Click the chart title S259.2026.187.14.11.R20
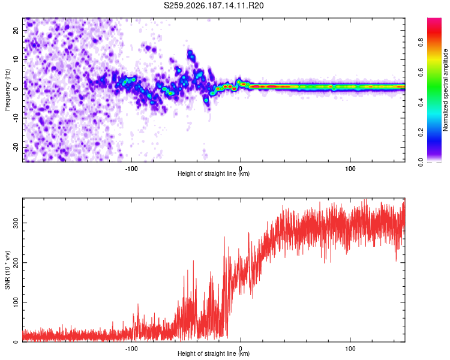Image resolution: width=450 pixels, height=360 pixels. pyautogui.click(x=214, y=5)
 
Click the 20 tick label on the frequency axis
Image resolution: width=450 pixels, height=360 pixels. pyautogui.click(x=16, y=30)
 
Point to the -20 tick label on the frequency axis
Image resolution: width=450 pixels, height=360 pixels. pyautogui.click(x=16, y=147)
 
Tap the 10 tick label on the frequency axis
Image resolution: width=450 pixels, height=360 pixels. pyautogui.click(x=16, y=59)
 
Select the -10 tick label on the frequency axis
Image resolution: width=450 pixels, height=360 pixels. pyautogui.click(x=16, y=118)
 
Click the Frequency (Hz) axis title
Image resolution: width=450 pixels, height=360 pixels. pyautogui.click(x=7, y=90)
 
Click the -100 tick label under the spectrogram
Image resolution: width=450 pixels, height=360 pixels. pyautogui.click(x=131, y=169)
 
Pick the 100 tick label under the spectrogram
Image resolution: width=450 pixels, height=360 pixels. pyautogui.click(x=350, y=169)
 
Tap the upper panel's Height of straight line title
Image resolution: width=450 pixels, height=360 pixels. pyautogui.click(x=214, y=173)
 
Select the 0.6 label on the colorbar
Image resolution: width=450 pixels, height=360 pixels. pyautogui.click(x=421, y=72)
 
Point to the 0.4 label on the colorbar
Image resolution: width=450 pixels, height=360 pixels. pyautogui.click(x=421, y=102)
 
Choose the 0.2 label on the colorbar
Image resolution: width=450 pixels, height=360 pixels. pyautogui.click(x=421, y=132)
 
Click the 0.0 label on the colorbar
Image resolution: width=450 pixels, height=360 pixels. pyautogui.click(x=421, y=162)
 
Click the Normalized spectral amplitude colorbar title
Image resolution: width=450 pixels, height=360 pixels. pyautogui.click(x=445, y=90)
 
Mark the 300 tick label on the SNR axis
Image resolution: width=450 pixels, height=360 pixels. pyautogui.click(x=16, y=223)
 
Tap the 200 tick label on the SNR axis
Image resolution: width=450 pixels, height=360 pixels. pyautogui.click(x=16, y=262)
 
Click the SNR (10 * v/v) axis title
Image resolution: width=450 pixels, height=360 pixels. pyautogui.click(x=7, y=270)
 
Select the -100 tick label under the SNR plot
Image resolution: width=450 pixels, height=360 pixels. pyautogui.click(x=131, y=349)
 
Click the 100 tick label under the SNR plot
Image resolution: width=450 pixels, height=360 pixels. pyautogui.click(x=350, y=349)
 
